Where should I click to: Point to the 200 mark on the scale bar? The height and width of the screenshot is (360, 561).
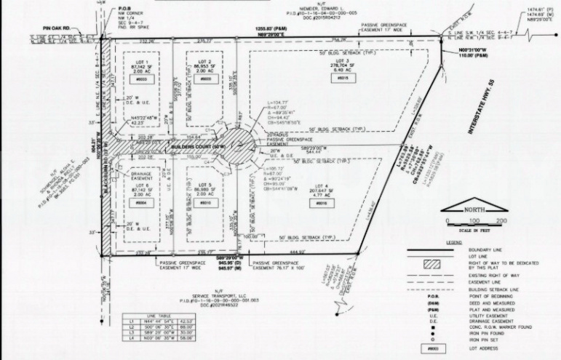[501, 220]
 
